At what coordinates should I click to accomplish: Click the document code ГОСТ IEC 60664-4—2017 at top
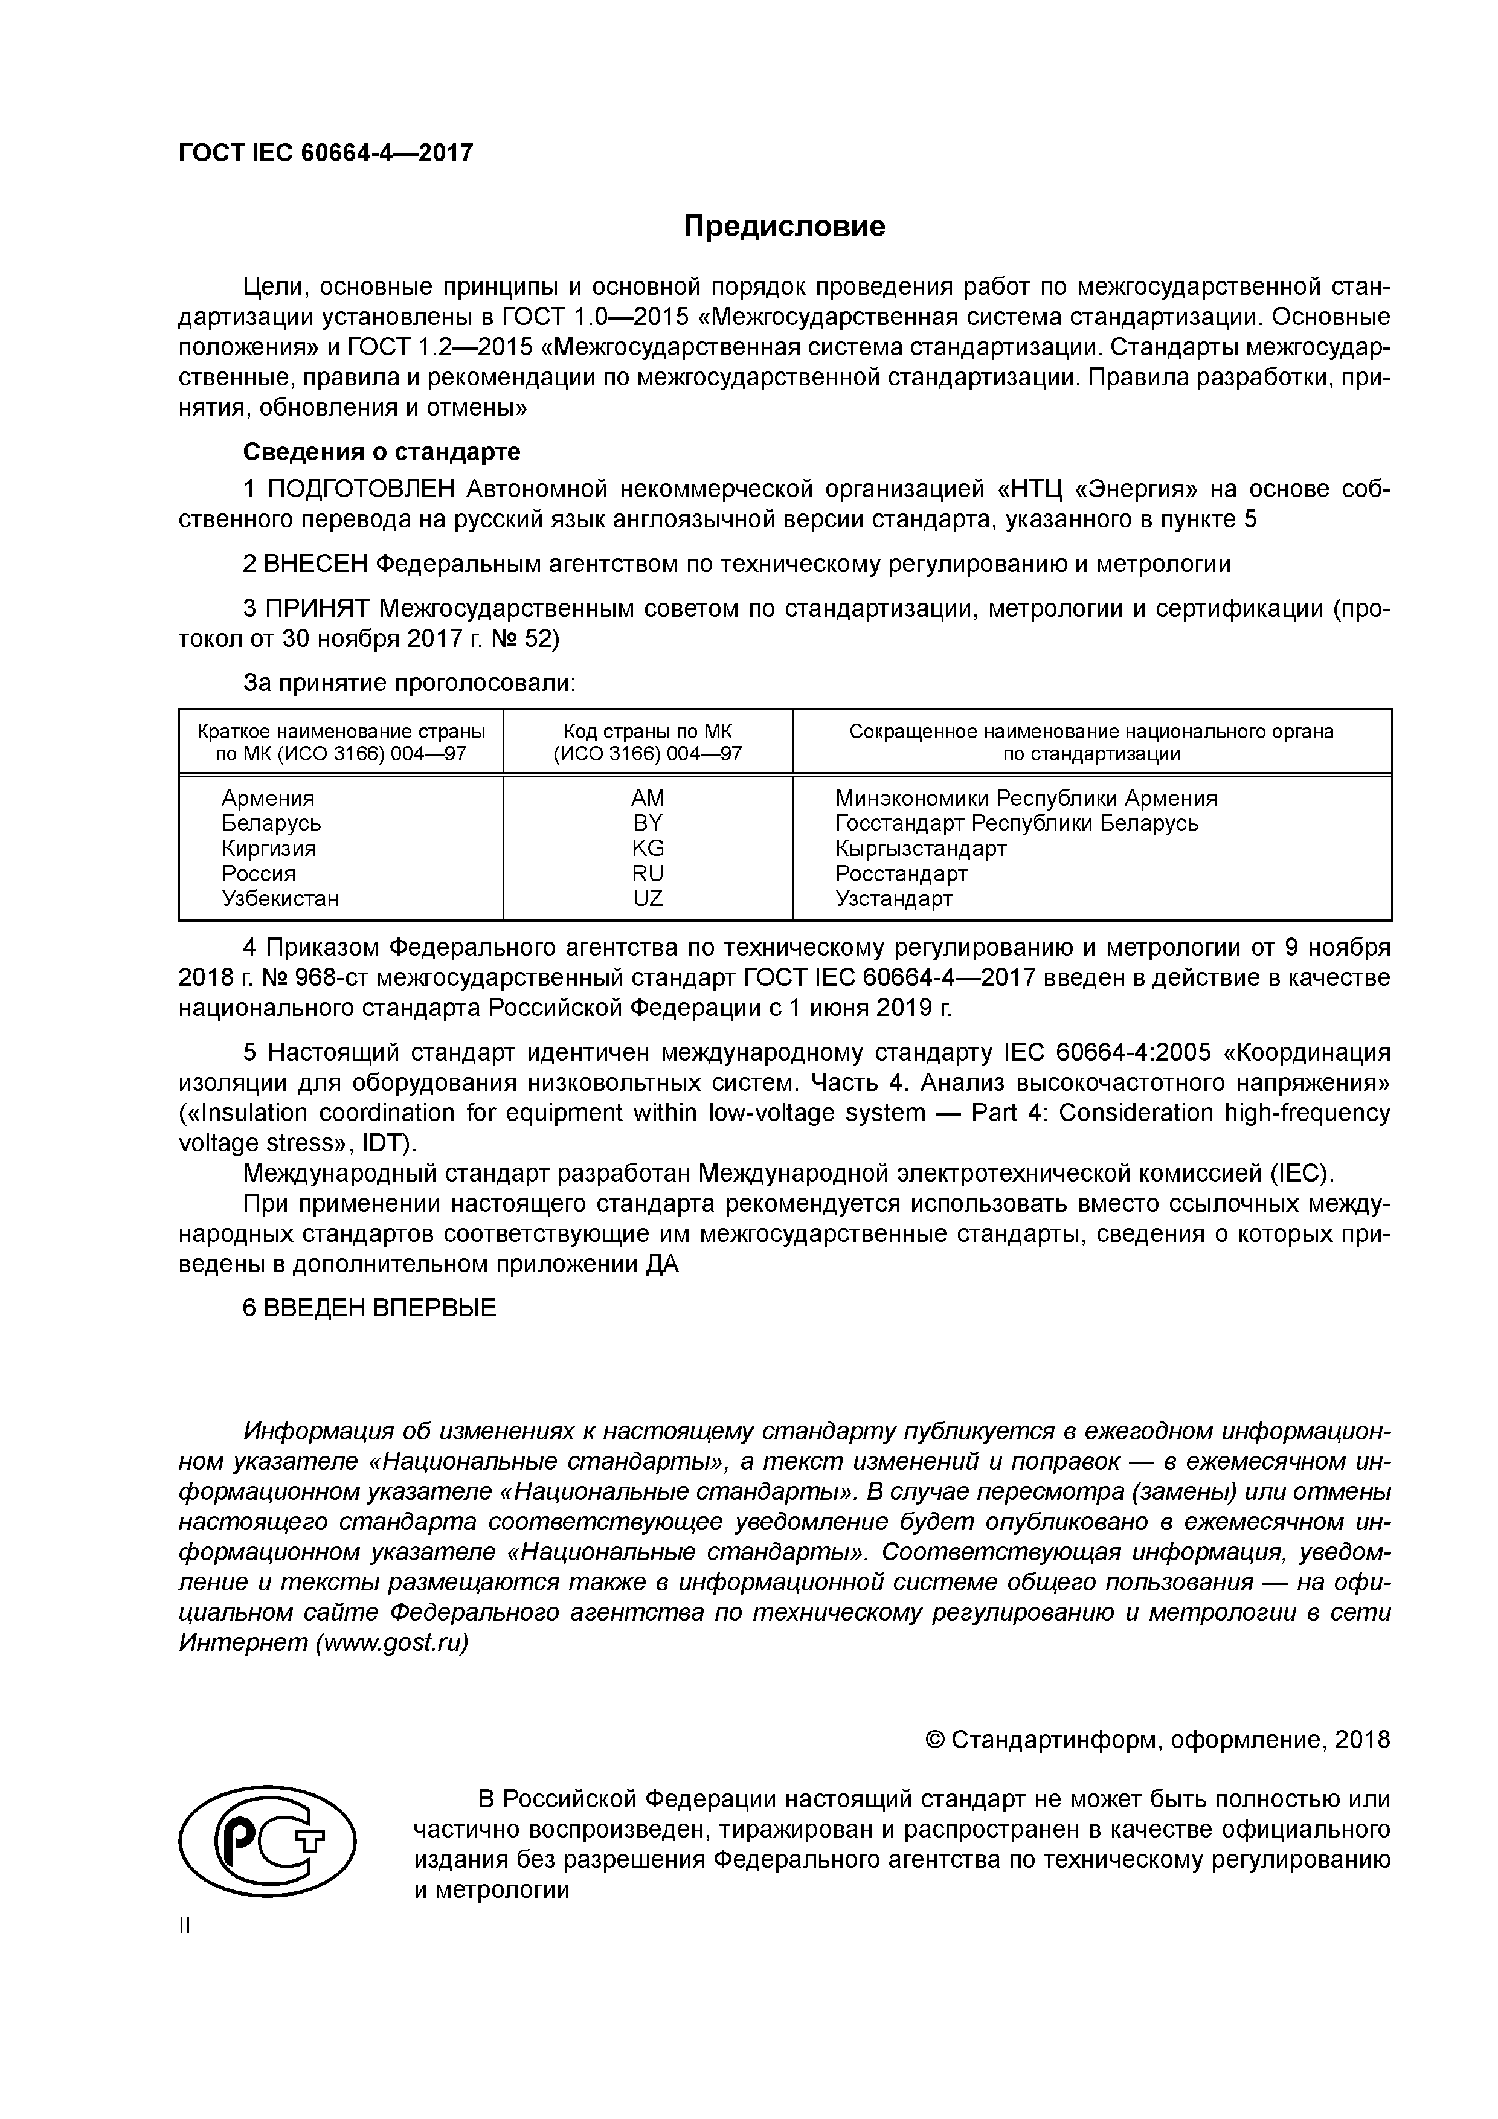coord(325,152)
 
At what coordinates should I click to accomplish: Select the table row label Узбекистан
coord(280,898)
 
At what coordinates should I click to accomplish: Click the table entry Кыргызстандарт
coord(920,847)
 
